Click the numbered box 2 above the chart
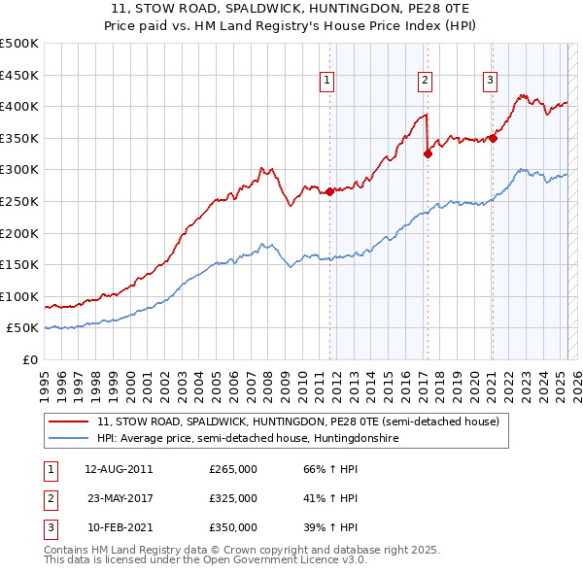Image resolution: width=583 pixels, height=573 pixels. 426,81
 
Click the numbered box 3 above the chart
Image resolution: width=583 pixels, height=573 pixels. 491,81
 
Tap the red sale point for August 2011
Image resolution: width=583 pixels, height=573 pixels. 329,191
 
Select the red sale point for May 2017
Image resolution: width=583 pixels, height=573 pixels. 428,153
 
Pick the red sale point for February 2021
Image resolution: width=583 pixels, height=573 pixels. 493,138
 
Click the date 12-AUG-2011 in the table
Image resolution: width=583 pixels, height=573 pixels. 119,469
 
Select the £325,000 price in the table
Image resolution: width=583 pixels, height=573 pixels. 233,498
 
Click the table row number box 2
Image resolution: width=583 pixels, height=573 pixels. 49,498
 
